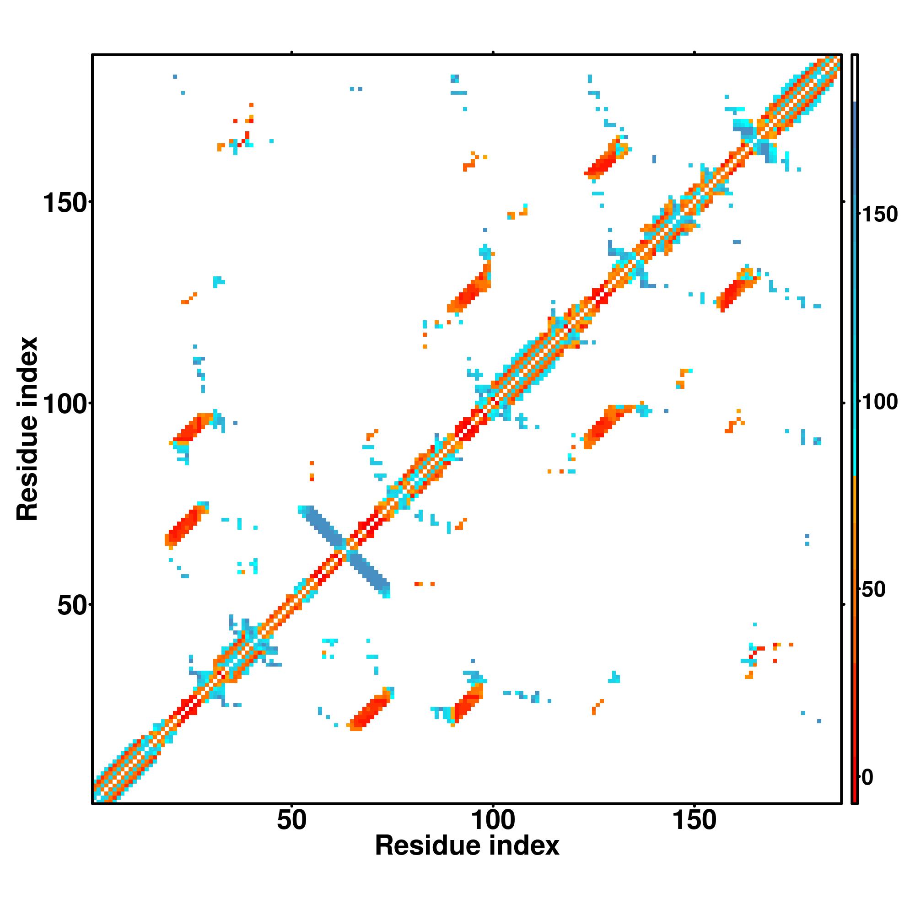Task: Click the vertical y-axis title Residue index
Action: point(27,429)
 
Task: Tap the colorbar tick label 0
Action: point(867,777)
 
